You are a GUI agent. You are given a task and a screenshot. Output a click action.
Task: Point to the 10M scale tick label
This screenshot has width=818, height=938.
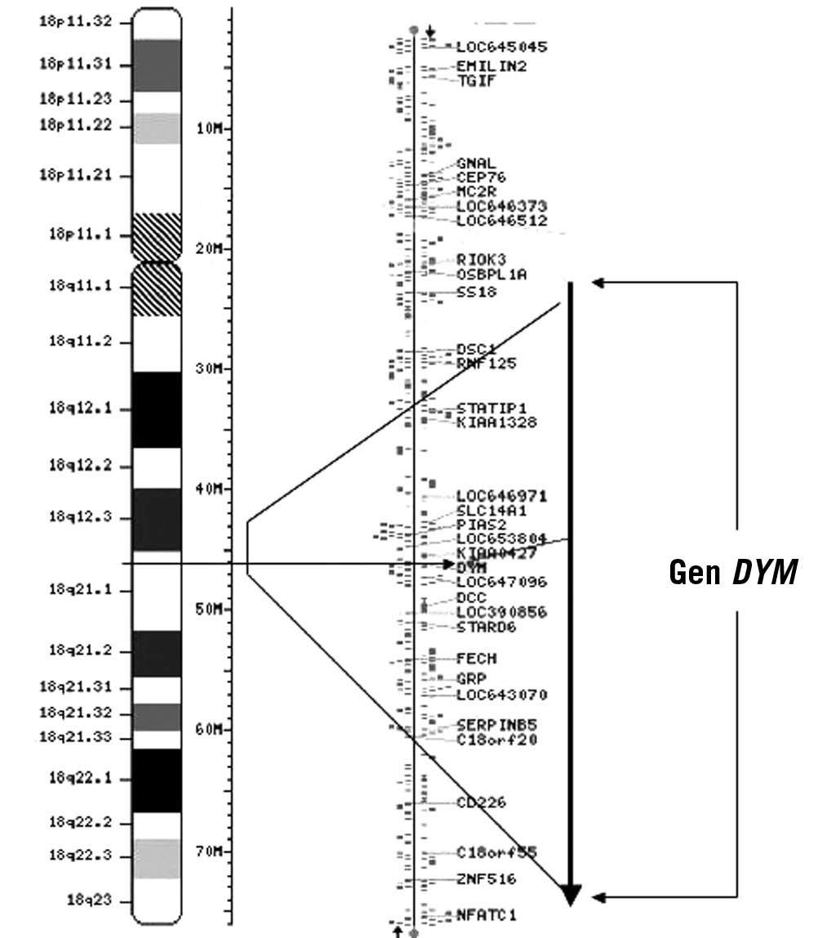click(211, 128)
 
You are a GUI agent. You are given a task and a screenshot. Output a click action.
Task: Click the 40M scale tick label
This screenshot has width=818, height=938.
click(211, 489)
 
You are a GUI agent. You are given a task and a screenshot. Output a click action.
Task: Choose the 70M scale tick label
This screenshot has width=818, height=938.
click(211, 851)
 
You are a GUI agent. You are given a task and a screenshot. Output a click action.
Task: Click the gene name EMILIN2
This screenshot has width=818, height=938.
click(491, 66)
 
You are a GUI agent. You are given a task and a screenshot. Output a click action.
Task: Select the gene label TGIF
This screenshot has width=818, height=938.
click(476, 80)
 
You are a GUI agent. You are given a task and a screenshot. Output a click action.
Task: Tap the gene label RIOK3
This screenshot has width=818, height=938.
click(481, 260)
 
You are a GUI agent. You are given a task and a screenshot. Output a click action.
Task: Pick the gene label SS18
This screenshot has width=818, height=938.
click(477, 292)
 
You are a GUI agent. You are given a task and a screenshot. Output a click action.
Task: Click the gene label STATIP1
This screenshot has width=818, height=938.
click(491, 408)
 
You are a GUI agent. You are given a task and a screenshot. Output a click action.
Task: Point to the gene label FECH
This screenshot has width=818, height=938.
click(477, 658)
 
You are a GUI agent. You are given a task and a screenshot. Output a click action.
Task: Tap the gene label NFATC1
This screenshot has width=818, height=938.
click(486, 915)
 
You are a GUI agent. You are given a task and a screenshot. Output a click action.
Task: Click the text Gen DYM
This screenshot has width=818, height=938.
click(731, 573)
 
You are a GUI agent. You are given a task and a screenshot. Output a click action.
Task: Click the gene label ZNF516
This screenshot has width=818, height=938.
click(486, 879)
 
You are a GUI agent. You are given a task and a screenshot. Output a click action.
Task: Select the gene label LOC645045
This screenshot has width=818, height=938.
click(501, 47)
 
